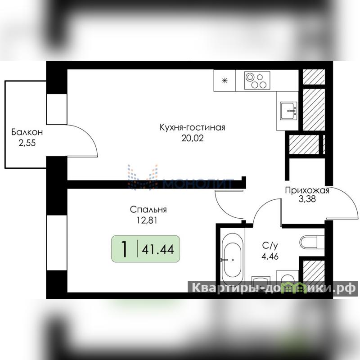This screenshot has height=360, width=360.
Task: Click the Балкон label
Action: [27, 132]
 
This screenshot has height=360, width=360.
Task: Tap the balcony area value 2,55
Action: [27, 143]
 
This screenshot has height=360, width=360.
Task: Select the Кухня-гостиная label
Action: [193, 127]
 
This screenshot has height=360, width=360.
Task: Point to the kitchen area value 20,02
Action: [193, 138]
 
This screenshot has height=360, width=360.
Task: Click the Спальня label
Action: [148, 210]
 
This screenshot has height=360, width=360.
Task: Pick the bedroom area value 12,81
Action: [147, 220]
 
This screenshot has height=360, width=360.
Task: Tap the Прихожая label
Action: [307, 190]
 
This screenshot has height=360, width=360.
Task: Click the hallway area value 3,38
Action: [307, 199]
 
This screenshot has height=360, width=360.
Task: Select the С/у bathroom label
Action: [270, 246]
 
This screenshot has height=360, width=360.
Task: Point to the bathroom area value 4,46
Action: [270, 256]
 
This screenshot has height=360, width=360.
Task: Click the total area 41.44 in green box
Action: [158, 249]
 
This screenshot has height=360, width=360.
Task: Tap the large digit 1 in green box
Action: [124, 249]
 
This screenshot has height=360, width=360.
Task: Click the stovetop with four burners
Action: [257, 81]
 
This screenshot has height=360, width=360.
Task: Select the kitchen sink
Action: [288, 111]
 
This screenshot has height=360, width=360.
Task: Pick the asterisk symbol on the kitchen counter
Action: [225, 81]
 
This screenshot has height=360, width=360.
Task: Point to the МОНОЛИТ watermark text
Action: [198, 183]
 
